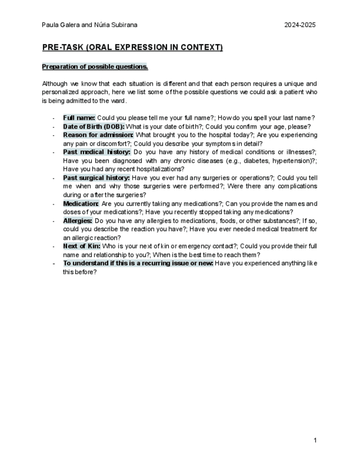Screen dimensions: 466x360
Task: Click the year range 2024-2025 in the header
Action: [x=300, y=25]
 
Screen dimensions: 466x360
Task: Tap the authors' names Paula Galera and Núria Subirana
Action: [x=90, y=25]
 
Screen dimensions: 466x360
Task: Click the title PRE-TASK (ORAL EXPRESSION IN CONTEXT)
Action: [x=132, y=48]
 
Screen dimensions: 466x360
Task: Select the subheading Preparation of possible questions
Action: [x=95, y=67]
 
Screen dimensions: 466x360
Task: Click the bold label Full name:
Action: [x=79, y=118]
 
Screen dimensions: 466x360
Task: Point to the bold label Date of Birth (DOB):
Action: [x=94, y=126]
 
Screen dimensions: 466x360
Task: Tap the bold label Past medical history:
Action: [x=96, y=152]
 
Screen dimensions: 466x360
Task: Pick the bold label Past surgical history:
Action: [x=96, y=178]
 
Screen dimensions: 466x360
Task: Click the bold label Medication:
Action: [x=81, y=203]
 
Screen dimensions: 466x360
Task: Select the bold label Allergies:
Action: [x=77, y=220]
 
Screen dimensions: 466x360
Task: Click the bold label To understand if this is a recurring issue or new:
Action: [x=138, y=263]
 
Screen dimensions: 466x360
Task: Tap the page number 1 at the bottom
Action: [x=315, y=440]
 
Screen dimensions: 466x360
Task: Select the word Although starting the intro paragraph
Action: [x=54, y=84]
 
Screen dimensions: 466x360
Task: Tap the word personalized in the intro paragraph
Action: [x=60, y=92]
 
